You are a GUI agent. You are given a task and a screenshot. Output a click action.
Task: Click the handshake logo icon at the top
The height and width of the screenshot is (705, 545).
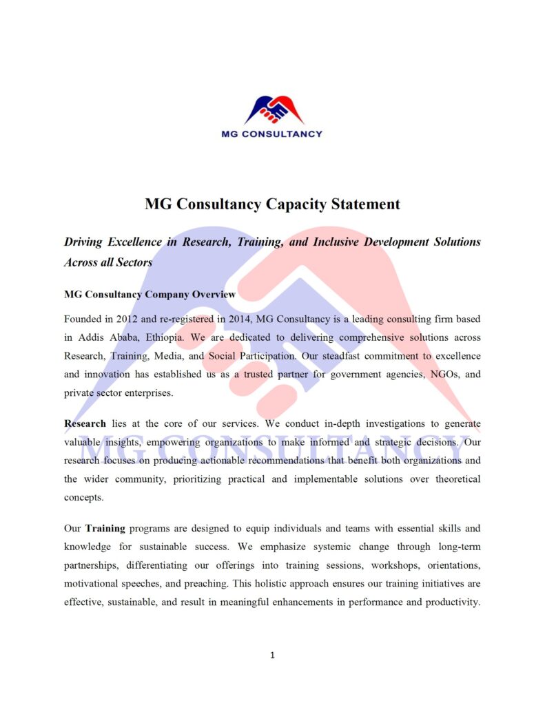point(274,109)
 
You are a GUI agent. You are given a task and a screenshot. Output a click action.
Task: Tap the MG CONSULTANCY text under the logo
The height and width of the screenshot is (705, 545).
point(271,134)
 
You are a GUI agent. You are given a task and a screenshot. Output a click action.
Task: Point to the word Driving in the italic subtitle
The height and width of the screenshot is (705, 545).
point(83,242)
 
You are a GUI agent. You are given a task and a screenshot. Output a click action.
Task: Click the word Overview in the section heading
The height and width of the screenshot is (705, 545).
point(214,295)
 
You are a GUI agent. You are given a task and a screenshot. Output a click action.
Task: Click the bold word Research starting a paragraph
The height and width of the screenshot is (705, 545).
point(85,423)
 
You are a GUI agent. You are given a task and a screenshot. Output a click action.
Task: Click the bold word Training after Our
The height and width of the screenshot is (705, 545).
point(105,529)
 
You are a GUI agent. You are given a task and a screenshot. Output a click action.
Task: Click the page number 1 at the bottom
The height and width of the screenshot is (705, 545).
point(272,655)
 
